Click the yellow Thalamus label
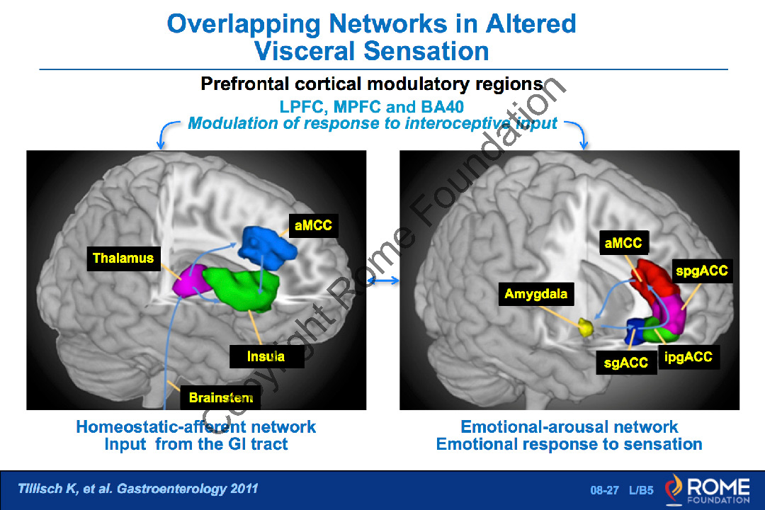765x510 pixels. (x=123, y=259)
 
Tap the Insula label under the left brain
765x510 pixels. (x=266, y=356)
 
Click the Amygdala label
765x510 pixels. (x=535, y=293)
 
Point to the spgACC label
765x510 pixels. (x=701, y=271)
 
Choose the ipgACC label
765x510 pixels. (x=688, y=357)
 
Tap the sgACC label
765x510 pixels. (x=625, y=363)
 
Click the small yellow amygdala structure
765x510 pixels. (x=586, y=327)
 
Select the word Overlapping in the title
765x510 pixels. (x=243, y=24)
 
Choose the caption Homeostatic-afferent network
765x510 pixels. (x=196, y=427)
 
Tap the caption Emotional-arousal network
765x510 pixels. (x=569, y=427)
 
